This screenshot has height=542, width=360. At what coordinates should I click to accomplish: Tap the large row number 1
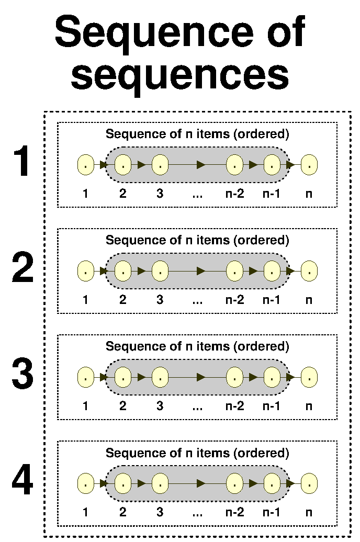coord(22,162)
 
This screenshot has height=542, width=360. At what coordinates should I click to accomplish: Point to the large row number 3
coord(22,375)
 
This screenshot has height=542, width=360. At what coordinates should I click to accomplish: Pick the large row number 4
coord(22,482)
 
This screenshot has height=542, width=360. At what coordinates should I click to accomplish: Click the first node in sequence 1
coord(85,165)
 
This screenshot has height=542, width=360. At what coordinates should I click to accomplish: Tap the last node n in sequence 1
coord(309,165)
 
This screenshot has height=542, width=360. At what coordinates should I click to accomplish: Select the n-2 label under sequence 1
coord(234,194)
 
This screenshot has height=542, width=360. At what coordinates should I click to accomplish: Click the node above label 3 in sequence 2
coord(160,271)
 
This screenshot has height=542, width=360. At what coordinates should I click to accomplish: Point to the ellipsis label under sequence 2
coord(197,300)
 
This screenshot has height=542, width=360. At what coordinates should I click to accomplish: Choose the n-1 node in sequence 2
coord(272,271)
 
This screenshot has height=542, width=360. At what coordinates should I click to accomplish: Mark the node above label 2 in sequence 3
coord(122,377)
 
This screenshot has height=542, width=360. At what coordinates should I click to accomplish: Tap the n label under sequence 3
coord(309,406)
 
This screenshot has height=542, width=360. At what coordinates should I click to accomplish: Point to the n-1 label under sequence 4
coord(272,513)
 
